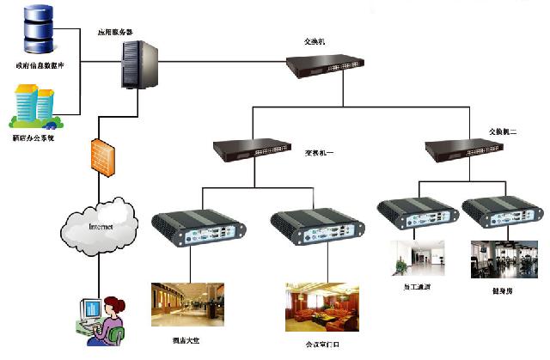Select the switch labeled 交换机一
[250, 151]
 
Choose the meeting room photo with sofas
[317, 309]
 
